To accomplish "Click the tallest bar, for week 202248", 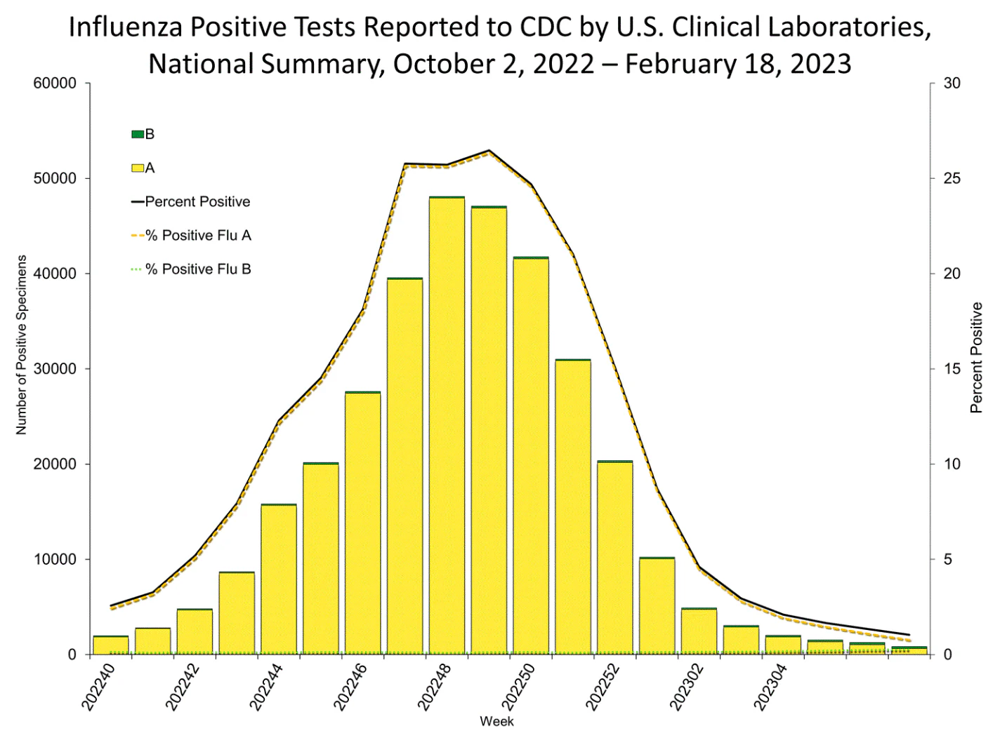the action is point(447,425).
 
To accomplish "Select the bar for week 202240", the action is point(110,645).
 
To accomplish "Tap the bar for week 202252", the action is point(615,558).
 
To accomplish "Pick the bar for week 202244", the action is point(279,579).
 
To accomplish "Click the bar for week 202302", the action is point(699,631).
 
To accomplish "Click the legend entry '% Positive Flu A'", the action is point(191,236).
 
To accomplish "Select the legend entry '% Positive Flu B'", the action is point(191,269).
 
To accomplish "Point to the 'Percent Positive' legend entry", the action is point(190,201).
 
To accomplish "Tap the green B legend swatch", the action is point(138,134).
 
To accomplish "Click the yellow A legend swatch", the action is point(138,168).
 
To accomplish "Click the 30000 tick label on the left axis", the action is point(55,369).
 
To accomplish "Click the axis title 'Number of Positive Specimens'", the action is point(21,345).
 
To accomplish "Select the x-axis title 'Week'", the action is point(496,721).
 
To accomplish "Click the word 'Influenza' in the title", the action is point(126,27).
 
